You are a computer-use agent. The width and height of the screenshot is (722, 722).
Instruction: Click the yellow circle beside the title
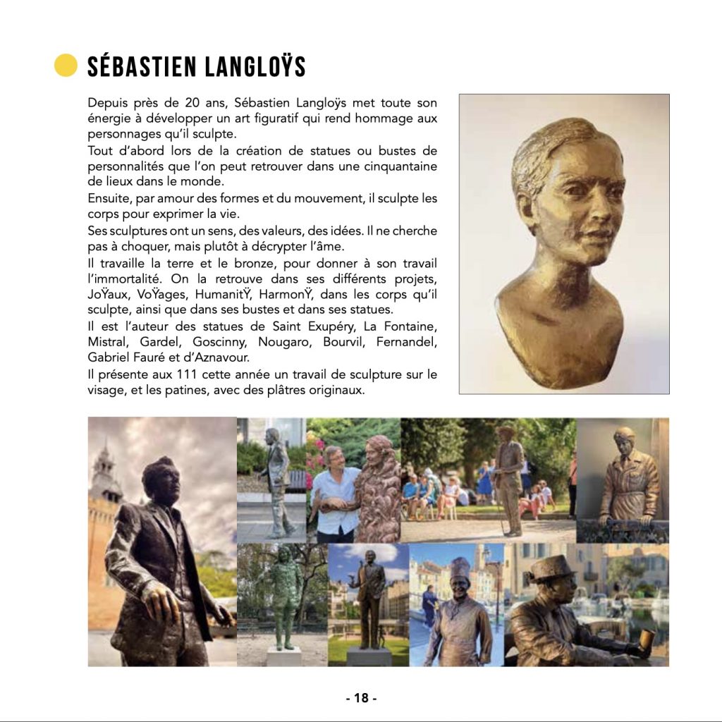tap(66, 66)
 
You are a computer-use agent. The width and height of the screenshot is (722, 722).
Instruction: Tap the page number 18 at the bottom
tap(361, 698)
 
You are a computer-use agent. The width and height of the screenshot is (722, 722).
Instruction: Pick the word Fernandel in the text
tap(408, 342)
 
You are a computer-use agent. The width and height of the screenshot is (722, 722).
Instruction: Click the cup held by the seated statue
tap(647, 638)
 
